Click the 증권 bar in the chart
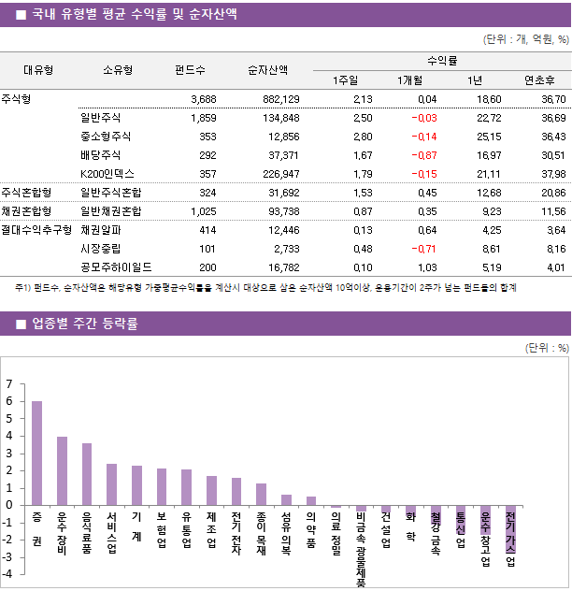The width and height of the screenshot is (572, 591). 36,453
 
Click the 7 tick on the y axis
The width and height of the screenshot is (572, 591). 9,384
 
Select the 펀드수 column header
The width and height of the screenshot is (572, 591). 191,69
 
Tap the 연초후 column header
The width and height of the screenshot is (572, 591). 540,79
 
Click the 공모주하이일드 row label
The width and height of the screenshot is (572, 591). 116,267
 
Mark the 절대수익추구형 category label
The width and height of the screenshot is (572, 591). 36,229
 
